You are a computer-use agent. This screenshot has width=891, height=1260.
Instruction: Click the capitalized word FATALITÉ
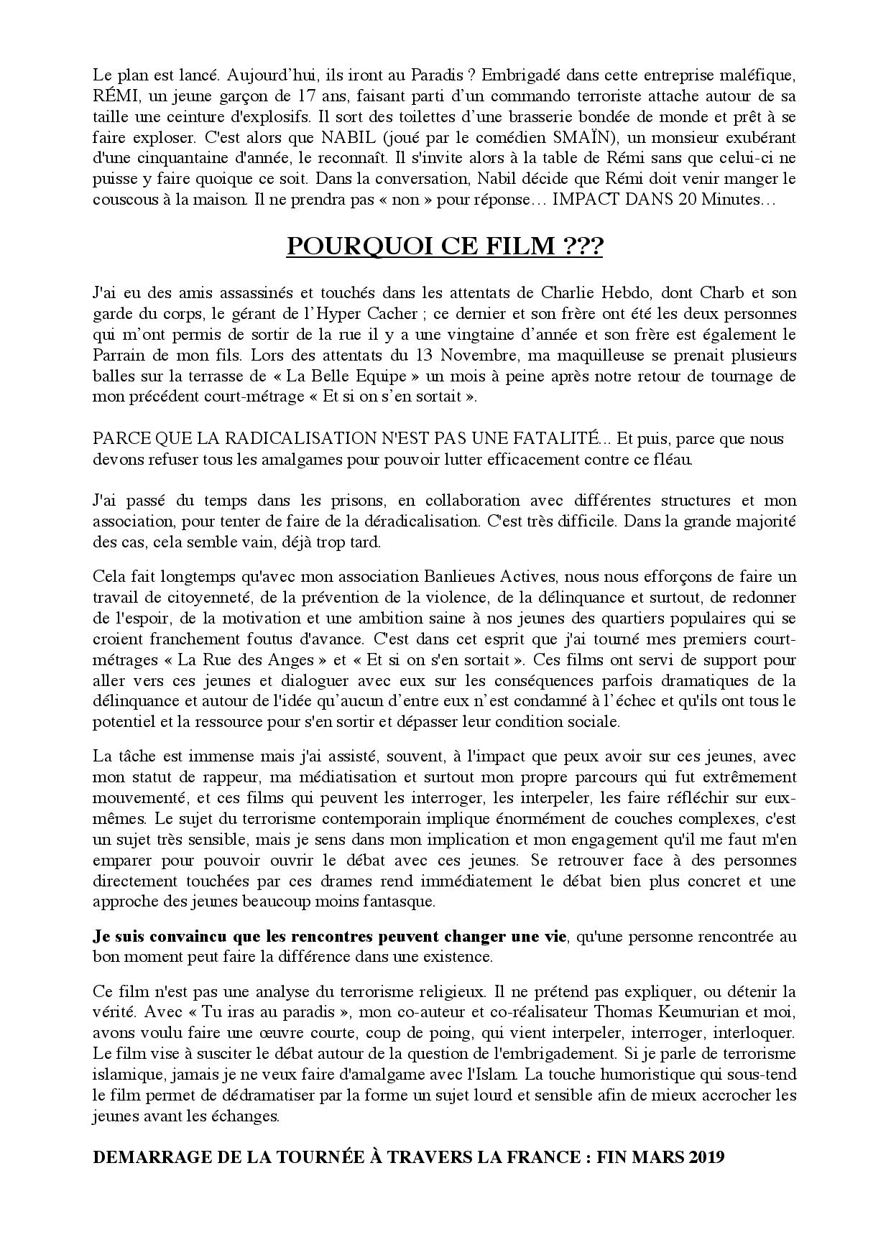pos(555,438)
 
